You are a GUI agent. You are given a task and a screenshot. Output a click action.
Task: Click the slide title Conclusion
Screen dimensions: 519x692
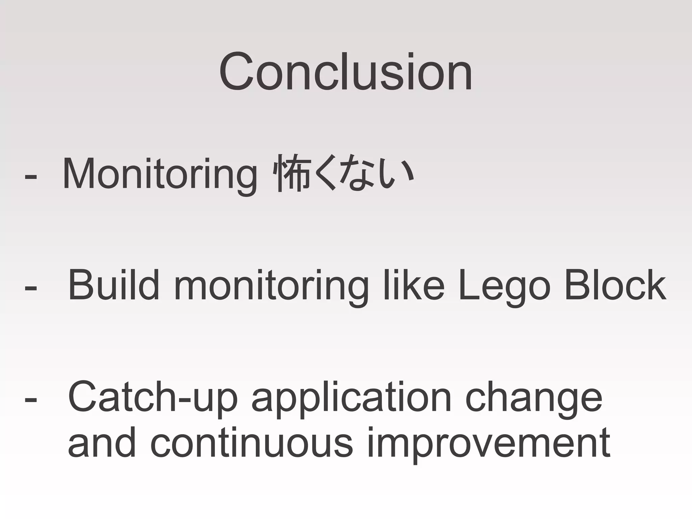(345, 72)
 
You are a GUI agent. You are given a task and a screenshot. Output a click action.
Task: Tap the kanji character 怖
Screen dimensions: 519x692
(293, 173)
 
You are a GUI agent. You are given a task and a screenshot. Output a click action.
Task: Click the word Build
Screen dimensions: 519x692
(114, 285)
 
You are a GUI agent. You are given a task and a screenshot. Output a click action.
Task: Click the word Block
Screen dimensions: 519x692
(615, 285)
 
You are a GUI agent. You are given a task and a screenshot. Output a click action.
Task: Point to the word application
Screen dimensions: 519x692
(351, 399)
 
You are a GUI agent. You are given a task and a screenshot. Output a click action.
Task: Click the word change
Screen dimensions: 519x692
(534, 399)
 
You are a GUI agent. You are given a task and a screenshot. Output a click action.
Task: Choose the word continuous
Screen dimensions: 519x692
(252, 443)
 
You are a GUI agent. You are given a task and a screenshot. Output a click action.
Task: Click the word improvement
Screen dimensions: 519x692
(489, 444)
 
